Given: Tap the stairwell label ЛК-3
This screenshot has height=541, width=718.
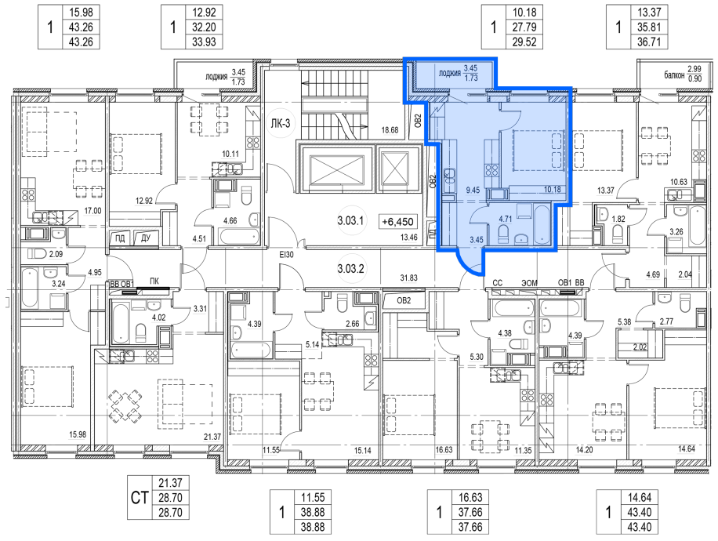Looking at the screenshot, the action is (281, 123).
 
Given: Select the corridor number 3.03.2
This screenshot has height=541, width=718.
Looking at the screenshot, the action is (350, 268).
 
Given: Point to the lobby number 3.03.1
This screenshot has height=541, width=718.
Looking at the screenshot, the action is (350, 221).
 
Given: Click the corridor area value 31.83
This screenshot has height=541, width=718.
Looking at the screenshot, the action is (408, 278).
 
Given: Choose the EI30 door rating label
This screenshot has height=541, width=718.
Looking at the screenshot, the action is (286, 255).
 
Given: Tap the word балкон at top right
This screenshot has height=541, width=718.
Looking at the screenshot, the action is (675, 74).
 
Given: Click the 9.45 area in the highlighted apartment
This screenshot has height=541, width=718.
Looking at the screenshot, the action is (473, 190).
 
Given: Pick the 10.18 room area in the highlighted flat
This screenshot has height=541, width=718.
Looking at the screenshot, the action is (553, 189).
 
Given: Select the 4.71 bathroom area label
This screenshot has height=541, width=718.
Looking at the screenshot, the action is (505, 219).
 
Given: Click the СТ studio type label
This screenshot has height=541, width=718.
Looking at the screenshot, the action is (140, 497).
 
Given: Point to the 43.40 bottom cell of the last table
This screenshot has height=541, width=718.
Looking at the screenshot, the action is (639, 527).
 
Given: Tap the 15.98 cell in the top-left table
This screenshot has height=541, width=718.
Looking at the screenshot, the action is (81, 13).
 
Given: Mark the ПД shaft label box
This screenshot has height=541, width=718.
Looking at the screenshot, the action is (120, 238).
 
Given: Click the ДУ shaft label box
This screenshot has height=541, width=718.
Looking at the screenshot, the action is (146, 238).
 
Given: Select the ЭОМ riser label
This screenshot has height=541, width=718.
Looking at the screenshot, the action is (529, 283).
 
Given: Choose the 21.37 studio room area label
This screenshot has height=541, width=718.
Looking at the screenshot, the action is (212, 437).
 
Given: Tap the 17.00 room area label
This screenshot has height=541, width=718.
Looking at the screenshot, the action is (93, 211).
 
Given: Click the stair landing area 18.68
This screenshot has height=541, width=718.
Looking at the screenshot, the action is (390, 130).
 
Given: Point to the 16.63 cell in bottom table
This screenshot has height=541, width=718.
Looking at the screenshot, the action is (470, 497).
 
